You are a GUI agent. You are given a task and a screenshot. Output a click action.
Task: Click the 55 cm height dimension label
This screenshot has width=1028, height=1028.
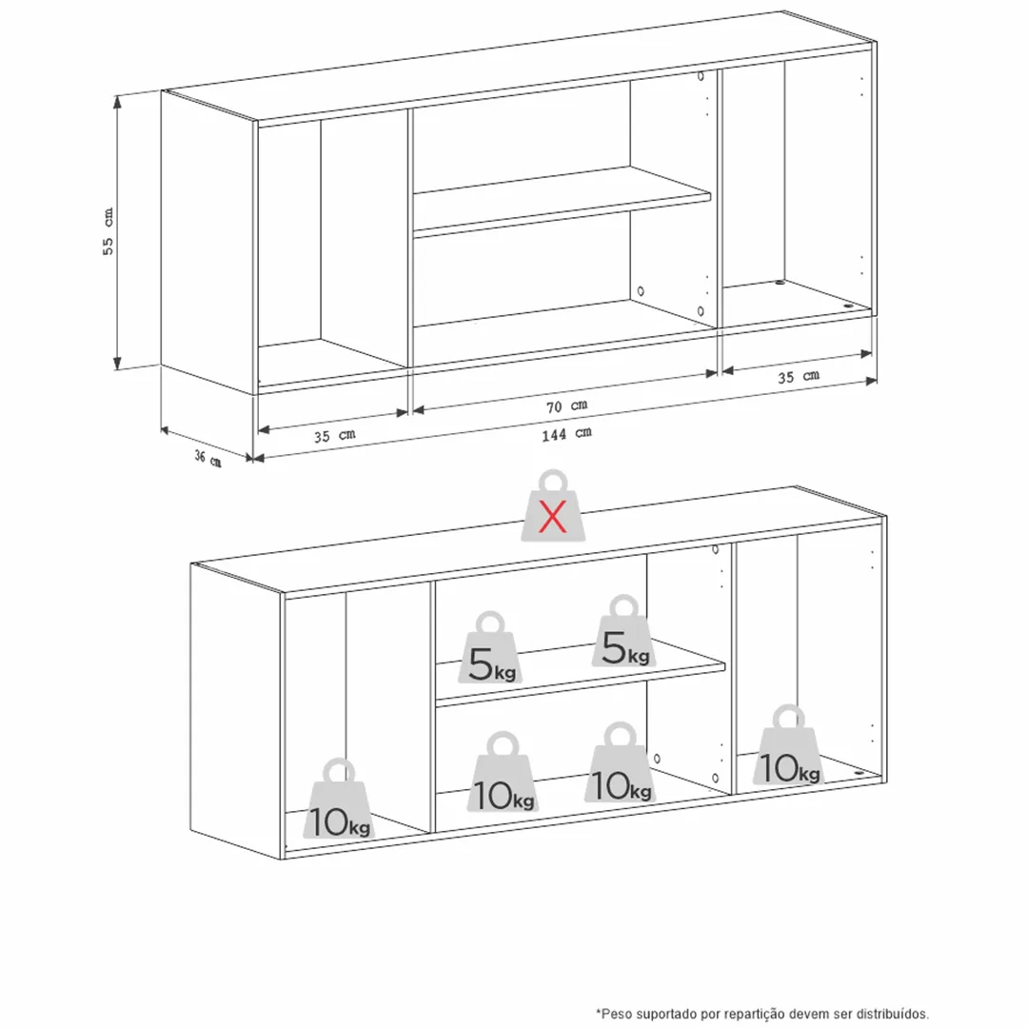(109, 231)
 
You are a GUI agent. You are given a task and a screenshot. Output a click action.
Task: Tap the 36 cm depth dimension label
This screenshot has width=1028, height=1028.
(208, 458)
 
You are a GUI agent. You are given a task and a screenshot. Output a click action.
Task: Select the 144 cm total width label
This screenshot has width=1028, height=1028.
(566, 433)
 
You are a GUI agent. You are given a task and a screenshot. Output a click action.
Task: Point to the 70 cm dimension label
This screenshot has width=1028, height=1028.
(566, 405)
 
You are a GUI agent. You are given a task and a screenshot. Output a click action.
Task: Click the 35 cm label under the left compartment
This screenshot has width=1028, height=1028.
(334, 435)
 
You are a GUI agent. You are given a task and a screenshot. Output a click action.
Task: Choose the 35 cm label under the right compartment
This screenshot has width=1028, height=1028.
(799, 376)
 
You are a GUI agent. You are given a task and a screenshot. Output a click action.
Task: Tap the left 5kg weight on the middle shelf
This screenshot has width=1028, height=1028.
(491, 648)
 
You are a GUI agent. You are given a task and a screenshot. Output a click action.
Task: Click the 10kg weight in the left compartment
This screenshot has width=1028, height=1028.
(339, 799)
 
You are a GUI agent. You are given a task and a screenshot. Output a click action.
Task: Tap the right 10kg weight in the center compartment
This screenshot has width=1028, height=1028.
(621, 762)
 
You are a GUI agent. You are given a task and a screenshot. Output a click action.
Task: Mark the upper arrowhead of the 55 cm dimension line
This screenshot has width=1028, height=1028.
(118, 98)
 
